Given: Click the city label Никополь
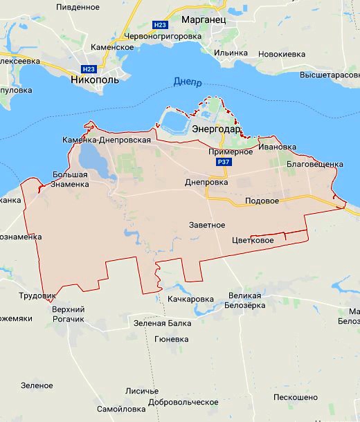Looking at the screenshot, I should tap(95, 80).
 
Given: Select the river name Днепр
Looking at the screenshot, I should tap(187, 82).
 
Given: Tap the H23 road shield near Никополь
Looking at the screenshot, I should tap(89, 68).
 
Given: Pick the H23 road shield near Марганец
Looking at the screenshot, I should tap(160, 25).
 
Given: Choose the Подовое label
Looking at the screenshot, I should tap(262, 201).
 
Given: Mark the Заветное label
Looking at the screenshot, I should tap(207, 225).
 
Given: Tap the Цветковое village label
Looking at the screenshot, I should tap(253, 240).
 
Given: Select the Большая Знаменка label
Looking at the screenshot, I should tap(70, 179).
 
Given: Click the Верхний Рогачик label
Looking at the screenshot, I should tap(68, 313).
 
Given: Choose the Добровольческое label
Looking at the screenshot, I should tap(183, 402).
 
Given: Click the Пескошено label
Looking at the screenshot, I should tap(296, 397).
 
